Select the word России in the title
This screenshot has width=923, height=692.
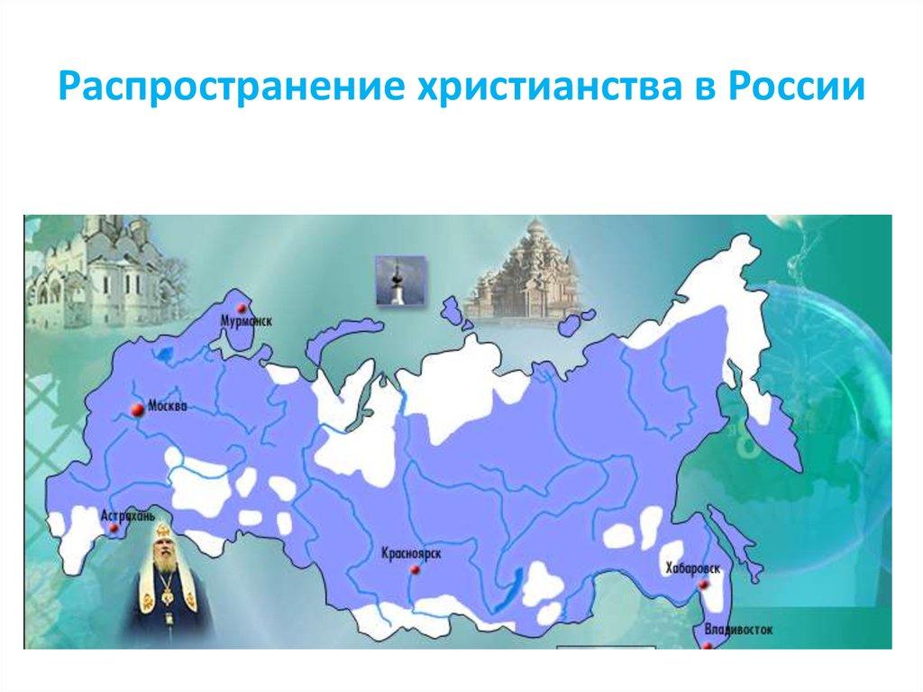pos(800,90)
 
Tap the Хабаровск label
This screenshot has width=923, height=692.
pos(694,567)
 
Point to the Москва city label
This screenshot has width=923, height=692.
pos(169,407)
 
